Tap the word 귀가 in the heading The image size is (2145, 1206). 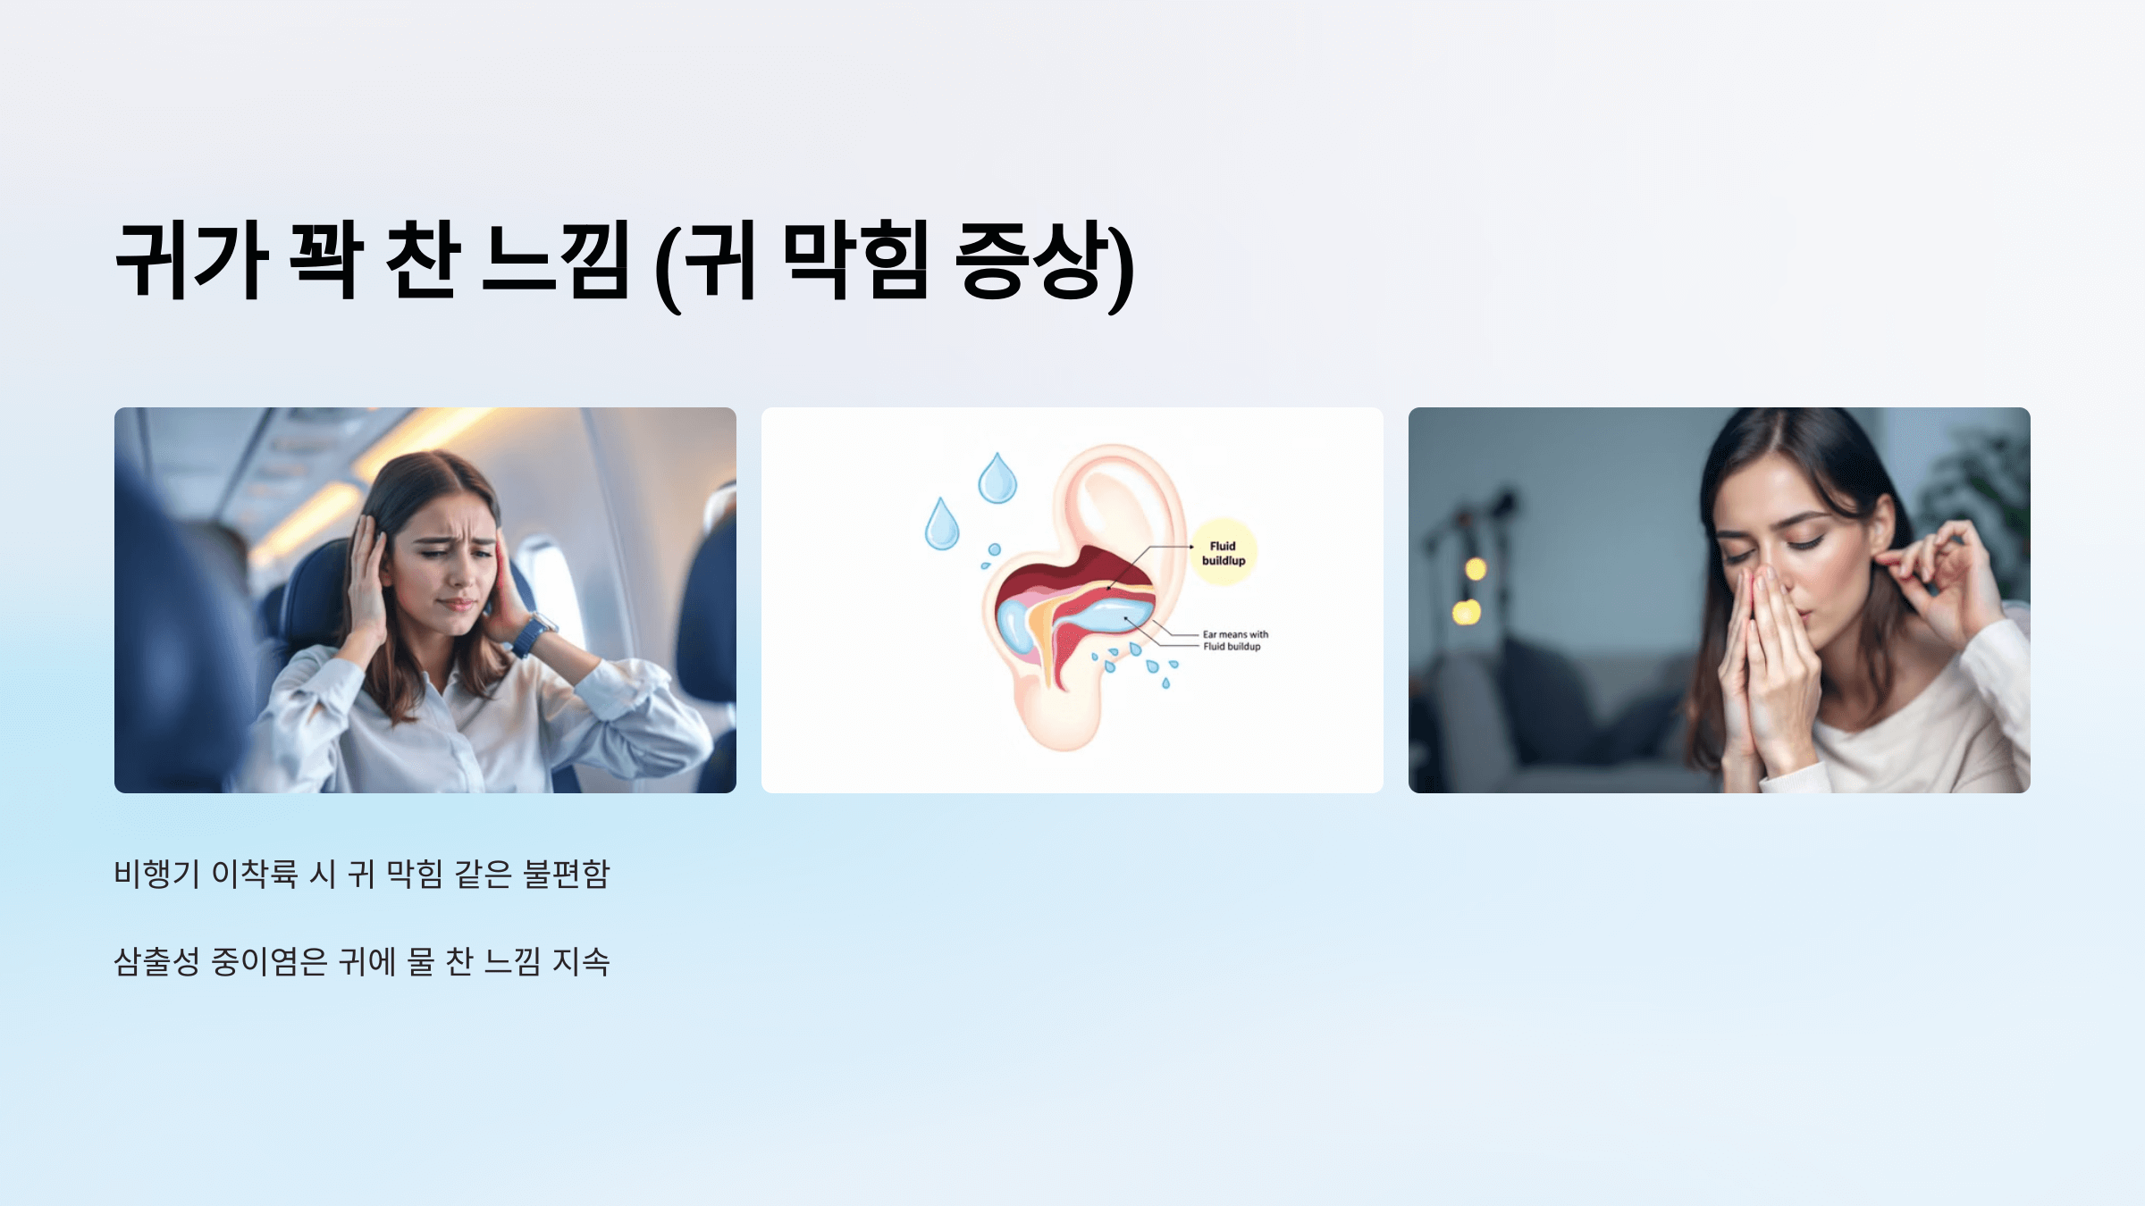click(x=191, y=261)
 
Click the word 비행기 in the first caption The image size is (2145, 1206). click(x=156, y=874)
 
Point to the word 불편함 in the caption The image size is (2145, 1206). click(x=566, y=874)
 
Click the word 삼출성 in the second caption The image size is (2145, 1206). click(x=156, y=962)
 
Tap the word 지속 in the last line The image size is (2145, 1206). click(x=581, y=962)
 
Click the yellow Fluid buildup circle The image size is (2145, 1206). click(x=1223, y=553)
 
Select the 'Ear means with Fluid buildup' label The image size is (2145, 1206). click(x=1234, y=641)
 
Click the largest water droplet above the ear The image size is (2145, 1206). click(x=997, y=480)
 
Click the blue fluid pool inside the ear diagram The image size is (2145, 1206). click(x=1108, y=616)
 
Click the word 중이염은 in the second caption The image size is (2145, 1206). click(x=269, y=962)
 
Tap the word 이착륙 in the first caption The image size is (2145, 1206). click(x=254, y=874)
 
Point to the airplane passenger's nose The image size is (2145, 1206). click(x=458, y=574)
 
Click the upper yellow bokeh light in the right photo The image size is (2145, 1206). click(x=1476, y=569)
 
